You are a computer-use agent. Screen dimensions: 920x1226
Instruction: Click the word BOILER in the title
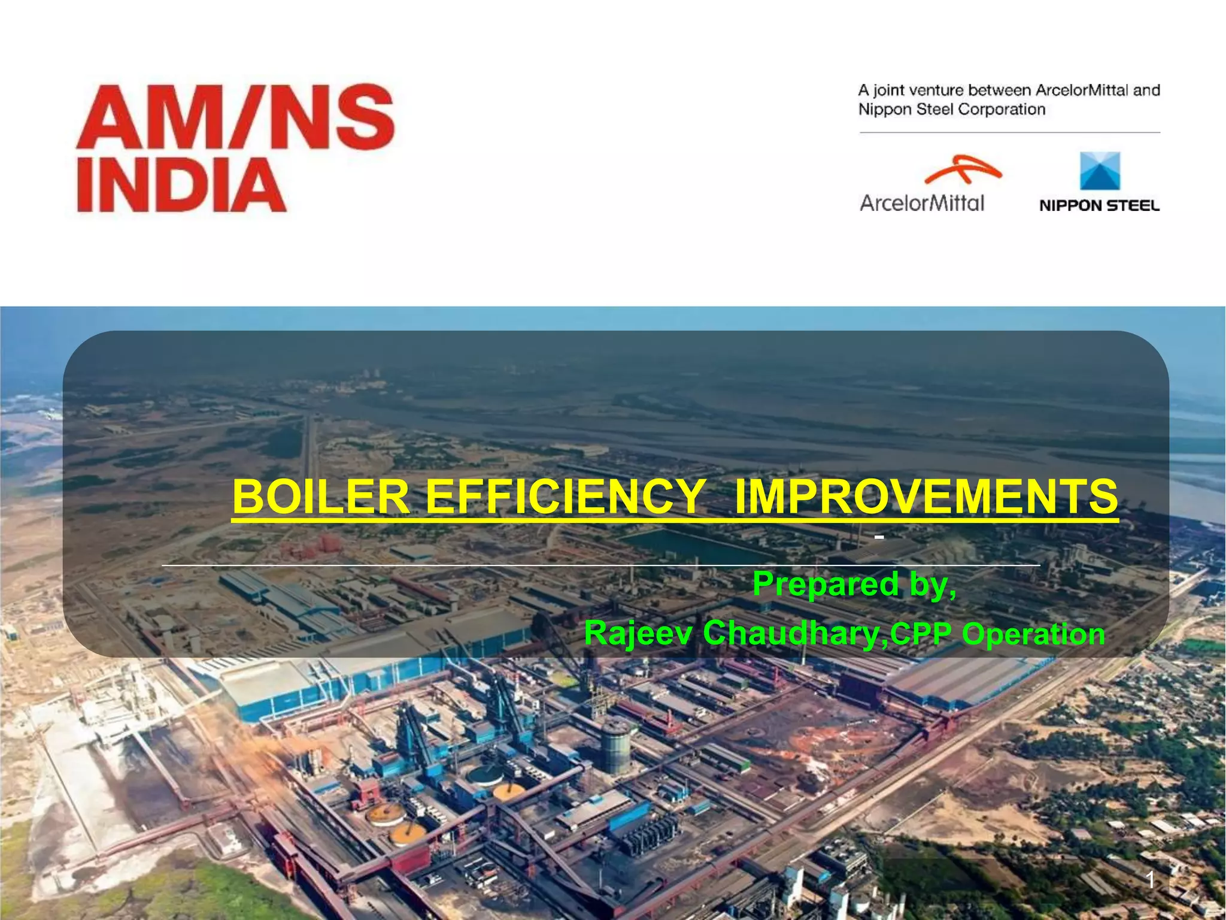tap(320, 497)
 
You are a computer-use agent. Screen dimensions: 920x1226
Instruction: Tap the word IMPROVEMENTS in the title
tap(925, 497)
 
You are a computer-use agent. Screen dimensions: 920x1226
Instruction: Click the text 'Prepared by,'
tap(854, 583)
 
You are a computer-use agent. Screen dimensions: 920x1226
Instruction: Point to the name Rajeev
tap(638, 633)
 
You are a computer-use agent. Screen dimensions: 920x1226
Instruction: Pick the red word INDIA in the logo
tap(181, 185)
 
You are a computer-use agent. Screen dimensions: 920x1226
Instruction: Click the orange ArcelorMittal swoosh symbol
tap(962, 169)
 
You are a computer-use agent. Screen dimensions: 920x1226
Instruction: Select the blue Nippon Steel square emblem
tap(1100, 171)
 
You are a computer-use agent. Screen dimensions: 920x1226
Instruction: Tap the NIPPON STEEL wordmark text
tap(1099, 205)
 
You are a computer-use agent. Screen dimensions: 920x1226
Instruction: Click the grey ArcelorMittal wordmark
tap(922, 203)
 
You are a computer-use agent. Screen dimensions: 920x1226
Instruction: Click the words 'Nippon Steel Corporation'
tap(951, 110)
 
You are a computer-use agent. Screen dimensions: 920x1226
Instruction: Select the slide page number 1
tap(1150, 880)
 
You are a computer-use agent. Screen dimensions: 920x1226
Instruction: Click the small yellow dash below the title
tap(879, 537)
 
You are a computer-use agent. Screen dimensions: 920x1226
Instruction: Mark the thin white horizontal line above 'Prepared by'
tap(599, 565)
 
